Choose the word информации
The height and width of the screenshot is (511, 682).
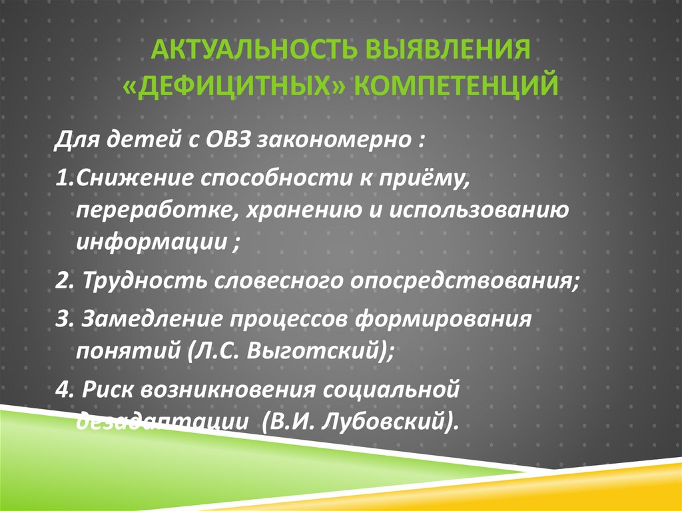coord(152,242)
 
